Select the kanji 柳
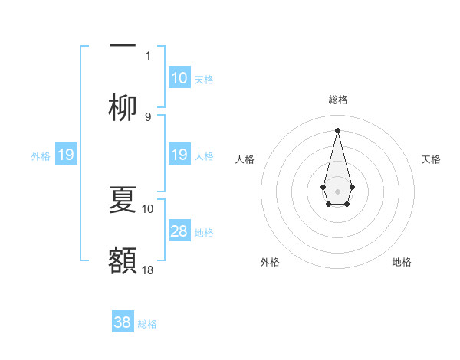point(123,107)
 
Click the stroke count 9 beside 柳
point(148,116)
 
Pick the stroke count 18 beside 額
point(149,270)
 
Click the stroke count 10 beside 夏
point(148,208)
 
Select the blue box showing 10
point(179,78)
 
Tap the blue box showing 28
point(179,231)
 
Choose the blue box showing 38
point(123,322)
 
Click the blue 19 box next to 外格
point(66,155)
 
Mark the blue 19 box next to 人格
point(179,155)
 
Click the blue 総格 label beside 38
point(147,324)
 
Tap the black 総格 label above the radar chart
point(337,100)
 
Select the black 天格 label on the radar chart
point(431,159)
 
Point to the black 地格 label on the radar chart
point(402,262)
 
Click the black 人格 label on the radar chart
point(245,159)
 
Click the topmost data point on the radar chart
point(337,129)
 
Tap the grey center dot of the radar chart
point(337,190)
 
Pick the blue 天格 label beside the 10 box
point(204,79)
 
